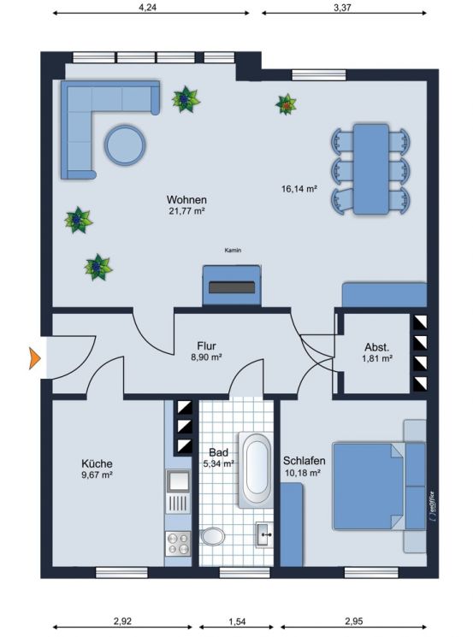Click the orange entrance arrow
coord(36,358)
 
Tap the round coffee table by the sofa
coord(126,145)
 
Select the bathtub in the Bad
coord(257,469)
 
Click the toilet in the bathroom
coord(213,537)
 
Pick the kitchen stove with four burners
coord(178,541)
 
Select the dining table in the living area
coord(371,168)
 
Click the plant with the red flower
coord(286,104)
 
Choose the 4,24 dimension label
coord(151,6)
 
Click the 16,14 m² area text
coord(299,190)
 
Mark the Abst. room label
coord(376,348)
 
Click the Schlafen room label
coord(304,460)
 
